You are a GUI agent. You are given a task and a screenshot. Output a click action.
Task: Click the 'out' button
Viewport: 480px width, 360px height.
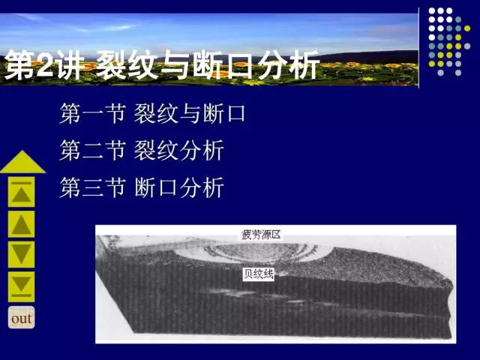[22, 318]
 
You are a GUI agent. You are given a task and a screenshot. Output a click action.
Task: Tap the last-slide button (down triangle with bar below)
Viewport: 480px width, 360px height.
[22, 286]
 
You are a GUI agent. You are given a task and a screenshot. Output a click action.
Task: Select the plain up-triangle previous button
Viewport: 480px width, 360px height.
[22, 224]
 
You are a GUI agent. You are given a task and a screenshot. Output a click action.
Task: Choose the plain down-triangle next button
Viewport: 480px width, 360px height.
[22, 255]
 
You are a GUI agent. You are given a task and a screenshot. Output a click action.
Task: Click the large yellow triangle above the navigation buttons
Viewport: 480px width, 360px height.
[22, 162]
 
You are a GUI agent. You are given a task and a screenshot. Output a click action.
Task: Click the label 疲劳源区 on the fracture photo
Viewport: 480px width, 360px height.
[262, 233]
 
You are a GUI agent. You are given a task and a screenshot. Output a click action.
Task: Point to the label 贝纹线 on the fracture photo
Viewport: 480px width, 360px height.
[257, 275]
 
